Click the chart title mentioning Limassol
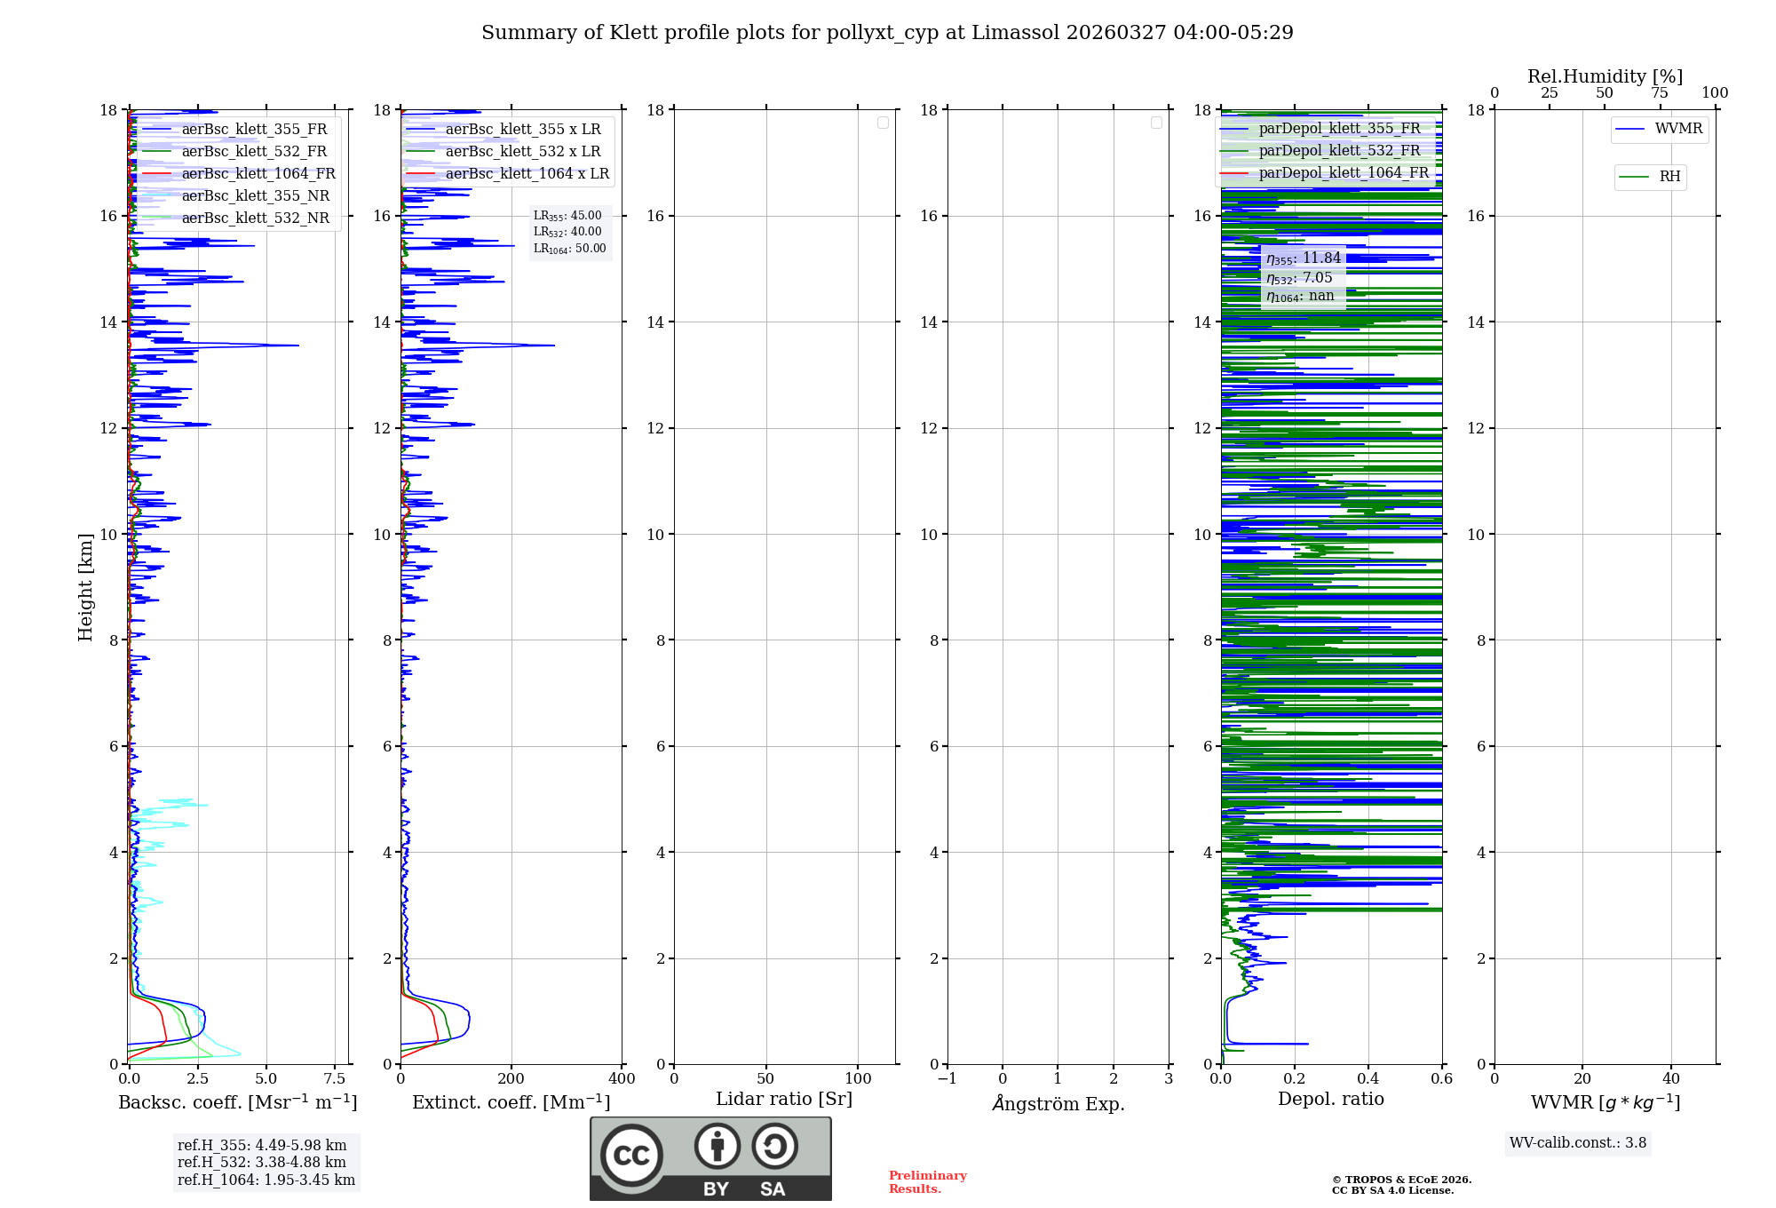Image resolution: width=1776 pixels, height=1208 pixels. (x=887, y=33)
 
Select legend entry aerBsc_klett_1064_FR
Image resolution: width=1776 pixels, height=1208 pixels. (x=258, y=174)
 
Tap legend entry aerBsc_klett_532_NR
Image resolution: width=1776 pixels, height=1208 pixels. (x=255, y=219)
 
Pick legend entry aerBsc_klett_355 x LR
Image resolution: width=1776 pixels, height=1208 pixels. (x=522, y=130)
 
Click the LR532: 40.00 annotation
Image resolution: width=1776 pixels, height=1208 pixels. (x=567, y=232)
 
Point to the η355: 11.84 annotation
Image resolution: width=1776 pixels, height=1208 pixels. (x=1303, y=258)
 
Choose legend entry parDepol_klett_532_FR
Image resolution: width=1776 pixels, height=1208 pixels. (x=1339, y=151)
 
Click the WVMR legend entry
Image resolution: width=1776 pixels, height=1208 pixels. (x=1677, y=129)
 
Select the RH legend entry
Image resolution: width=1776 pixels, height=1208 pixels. (x=1669, y=177)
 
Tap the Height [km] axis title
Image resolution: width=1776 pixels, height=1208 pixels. (x=85, y=587)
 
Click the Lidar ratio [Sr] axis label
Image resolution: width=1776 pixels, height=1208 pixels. (x=784, y=1099)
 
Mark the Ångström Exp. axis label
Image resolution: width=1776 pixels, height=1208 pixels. (x=1058, y=1104)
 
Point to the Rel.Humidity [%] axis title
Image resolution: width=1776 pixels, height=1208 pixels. (x=1605, y=76)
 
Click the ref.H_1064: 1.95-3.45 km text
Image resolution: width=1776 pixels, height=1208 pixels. (x=266, y=1180)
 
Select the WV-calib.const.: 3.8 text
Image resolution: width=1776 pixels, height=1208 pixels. (x=1578, y=1143)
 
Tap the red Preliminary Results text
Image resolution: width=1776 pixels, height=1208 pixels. (x=927, y=1182)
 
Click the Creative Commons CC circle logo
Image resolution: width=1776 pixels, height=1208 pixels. (x=631, y=1156)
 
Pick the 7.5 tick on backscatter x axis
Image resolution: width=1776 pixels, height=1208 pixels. (x=335, y=1079)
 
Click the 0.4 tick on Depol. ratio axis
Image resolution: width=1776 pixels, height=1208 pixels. (x=1368, y=1079)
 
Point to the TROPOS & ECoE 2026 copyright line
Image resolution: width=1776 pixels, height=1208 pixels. (x=1401, y=1180)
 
